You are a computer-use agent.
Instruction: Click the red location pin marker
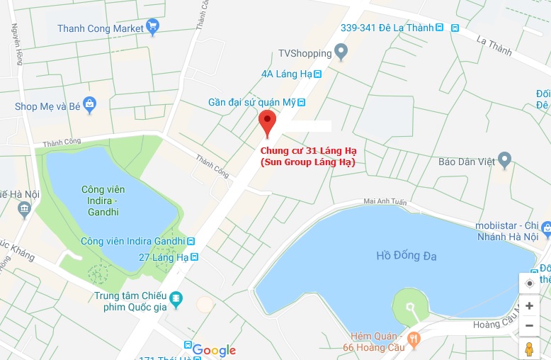267,122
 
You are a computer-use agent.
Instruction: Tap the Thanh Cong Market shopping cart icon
152,28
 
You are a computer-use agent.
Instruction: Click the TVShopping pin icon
341,52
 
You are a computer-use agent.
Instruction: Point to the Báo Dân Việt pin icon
504,160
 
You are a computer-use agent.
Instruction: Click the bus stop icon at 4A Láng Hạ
318,73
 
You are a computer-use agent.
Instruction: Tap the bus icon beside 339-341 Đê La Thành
440,28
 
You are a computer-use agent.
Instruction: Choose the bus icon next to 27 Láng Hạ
193,257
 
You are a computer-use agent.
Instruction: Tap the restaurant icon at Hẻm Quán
414,339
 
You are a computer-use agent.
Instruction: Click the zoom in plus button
529,306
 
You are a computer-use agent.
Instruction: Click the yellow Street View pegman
529,348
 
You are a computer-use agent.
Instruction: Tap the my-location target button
529,283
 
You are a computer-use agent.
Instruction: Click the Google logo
213,350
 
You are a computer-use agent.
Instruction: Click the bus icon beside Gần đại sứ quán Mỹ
302,102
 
